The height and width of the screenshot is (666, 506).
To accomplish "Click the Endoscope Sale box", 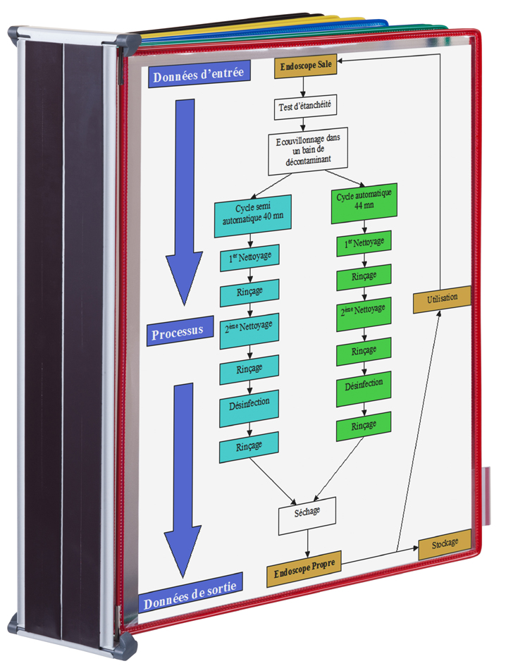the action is [305, 66].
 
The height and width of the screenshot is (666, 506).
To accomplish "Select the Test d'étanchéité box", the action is [305, 106].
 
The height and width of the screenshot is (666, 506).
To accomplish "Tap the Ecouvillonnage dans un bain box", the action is [308, 150].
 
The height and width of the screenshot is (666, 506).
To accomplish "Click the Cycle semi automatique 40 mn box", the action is [253, 216].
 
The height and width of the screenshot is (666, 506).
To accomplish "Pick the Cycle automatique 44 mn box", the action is [364, 203].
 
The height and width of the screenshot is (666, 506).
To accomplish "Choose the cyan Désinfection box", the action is [249, 406].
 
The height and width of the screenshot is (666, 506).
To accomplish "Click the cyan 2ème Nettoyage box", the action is [249, 331].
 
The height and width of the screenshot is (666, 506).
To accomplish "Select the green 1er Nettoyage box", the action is [364, 243].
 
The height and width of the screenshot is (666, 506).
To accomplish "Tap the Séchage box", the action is [307, 515].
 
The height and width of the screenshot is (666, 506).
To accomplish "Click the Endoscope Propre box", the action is [304, 569].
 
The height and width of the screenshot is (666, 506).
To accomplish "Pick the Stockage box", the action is [445, 544].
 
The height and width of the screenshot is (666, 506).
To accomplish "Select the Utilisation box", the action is [443, 300].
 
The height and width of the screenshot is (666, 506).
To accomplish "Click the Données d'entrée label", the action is [199, 75].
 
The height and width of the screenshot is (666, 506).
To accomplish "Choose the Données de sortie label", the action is [190, 593].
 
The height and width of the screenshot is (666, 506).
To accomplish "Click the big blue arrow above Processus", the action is [184, 202].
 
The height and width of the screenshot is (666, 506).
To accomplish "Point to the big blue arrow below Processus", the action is [183, 480].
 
